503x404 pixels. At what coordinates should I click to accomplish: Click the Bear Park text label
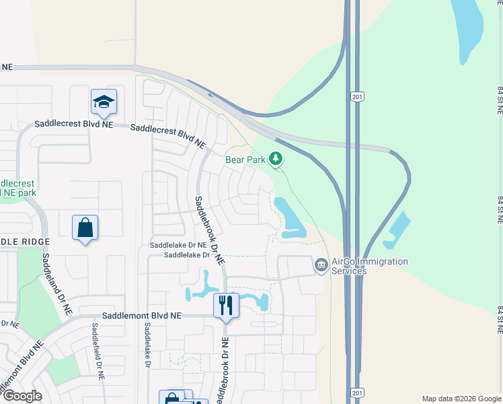245,160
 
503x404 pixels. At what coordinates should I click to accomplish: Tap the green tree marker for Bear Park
275,158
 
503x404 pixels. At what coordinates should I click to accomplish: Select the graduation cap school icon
104,102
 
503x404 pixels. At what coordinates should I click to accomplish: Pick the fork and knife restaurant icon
226,305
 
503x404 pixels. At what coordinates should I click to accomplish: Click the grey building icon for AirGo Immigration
321,265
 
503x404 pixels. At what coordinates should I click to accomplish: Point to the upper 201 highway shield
356,98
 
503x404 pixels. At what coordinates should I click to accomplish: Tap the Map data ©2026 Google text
461,399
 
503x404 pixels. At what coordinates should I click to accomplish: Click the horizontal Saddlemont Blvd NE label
142,315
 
